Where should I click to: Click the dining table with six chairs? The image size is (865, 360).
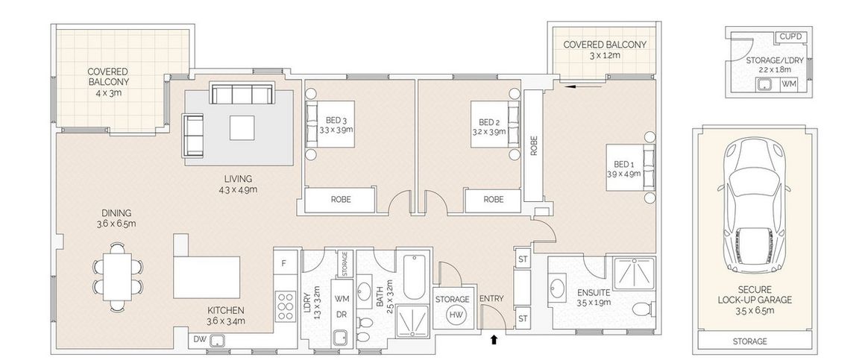[118, 277]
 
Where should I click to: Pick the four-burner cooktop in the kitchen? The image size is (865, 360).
[286, 306]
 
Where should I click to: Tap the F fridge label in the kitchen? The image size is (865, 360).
[283, 263]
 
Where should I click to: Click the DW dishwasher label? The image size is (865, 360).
[198, 340]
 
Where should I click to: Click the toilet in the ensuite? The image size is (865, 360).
[643, 308]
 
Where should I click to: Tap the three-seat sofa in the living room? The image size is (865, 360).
[243, 94]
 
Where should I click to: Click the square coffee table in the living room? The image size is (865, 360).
[242, 127]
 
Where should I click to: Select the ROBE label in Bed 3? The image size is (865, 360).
[340, 200]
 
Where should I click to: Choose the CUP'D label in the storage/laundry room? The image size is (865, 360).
[793, 37]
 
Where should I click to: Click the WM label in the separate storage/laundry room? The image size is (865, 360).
[792, 84]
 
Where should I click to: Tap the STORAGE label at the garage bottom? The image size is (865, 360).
[749, 341]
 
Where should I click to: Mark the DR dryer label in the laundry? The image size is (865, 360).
[342, 315]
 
